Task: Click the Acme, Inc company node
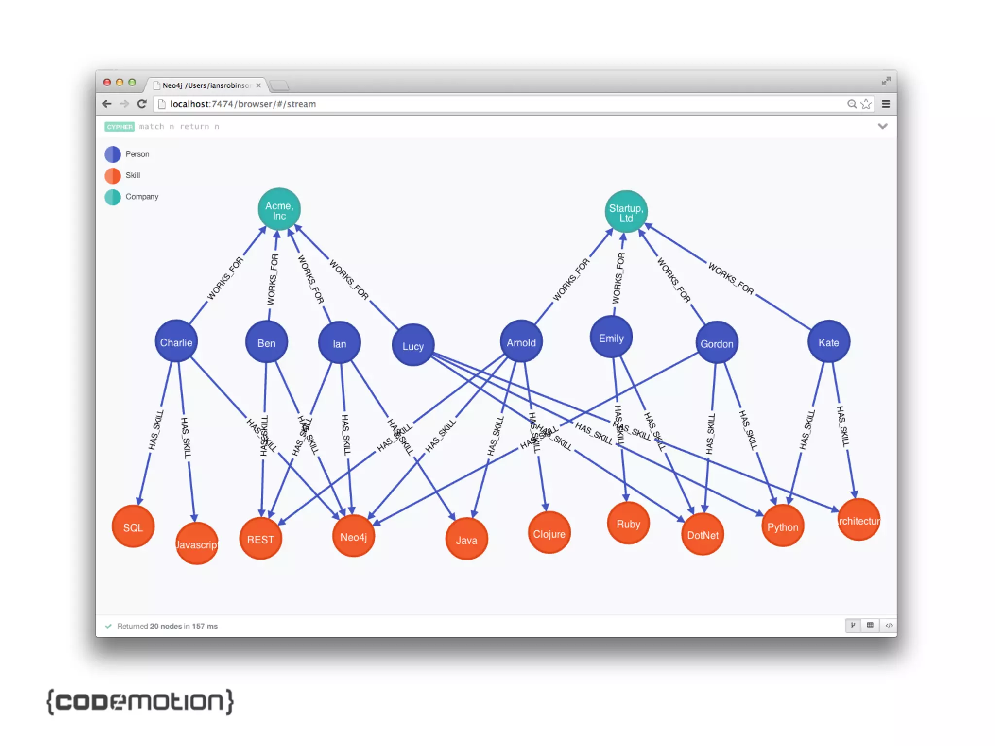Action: (279, 209)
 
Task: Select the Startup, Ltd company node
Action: (626, 212)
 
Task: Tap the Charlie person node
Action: (176, 341)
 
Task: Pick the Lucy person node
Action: (412, 345)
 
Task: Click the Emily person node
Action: (611, 337)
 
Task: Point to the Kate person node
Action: (828, 341)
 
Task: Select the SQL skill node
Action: (133, 526)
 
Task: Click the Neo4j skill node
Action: (353, 536)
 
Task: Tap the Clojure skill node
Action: (549, 533)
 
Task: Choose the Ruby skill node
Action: (628, 523)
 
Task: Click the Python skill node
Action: (782, 526)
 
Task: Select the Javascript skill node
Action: (196, 543)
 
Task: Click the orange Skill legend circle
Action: (113, 175)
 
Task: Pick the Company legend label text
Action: (142, 197)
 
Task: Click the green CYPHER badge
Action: (119, 127)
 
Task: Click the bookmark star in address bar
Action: (866, 104)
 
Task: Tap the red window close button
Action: (107, 83)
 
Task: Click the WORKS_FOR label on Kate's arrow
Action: (731, 279)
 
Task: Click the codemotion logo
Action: (140, 701)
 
